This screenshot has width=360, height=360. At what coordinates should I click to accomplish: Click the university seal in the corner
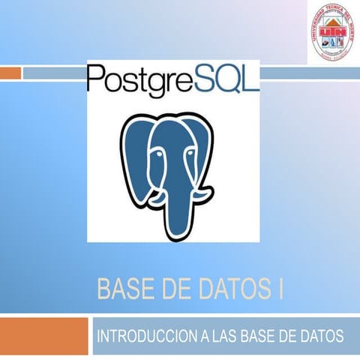coord(328,37)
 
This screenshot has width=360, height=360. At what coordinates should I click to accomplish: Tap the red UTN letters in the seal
coord(327,31)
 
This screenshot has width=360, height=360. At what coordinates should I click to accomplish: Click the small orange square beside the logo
coord(10,72)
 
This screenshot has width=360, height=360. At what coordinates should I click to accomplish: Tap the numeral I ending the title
coord(280,289)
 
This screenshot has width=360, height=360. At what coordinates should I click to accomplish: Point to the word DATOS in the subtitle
coord(319,334)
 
